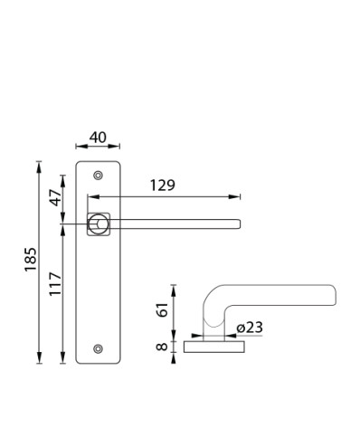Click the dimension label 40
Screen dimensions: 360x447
point(98,138)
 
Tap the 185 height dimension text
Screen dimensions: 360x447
point(31,260)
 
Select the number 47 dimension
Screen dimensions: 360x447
point(55,197)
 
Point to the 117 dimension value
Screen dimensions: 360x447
point(55,284)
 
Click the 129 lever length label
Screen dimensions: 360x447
point(163,185)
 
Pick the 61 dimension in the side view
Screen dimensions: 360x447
point(163,309)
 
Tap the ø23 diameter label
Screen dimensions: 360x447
point(250,328)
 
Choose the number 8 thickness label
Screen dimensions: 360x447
point(162,347)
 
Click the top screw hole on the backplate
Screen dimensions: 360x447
point(98,176)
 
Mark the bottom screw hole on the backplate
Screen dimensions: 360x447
point(98,348)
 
